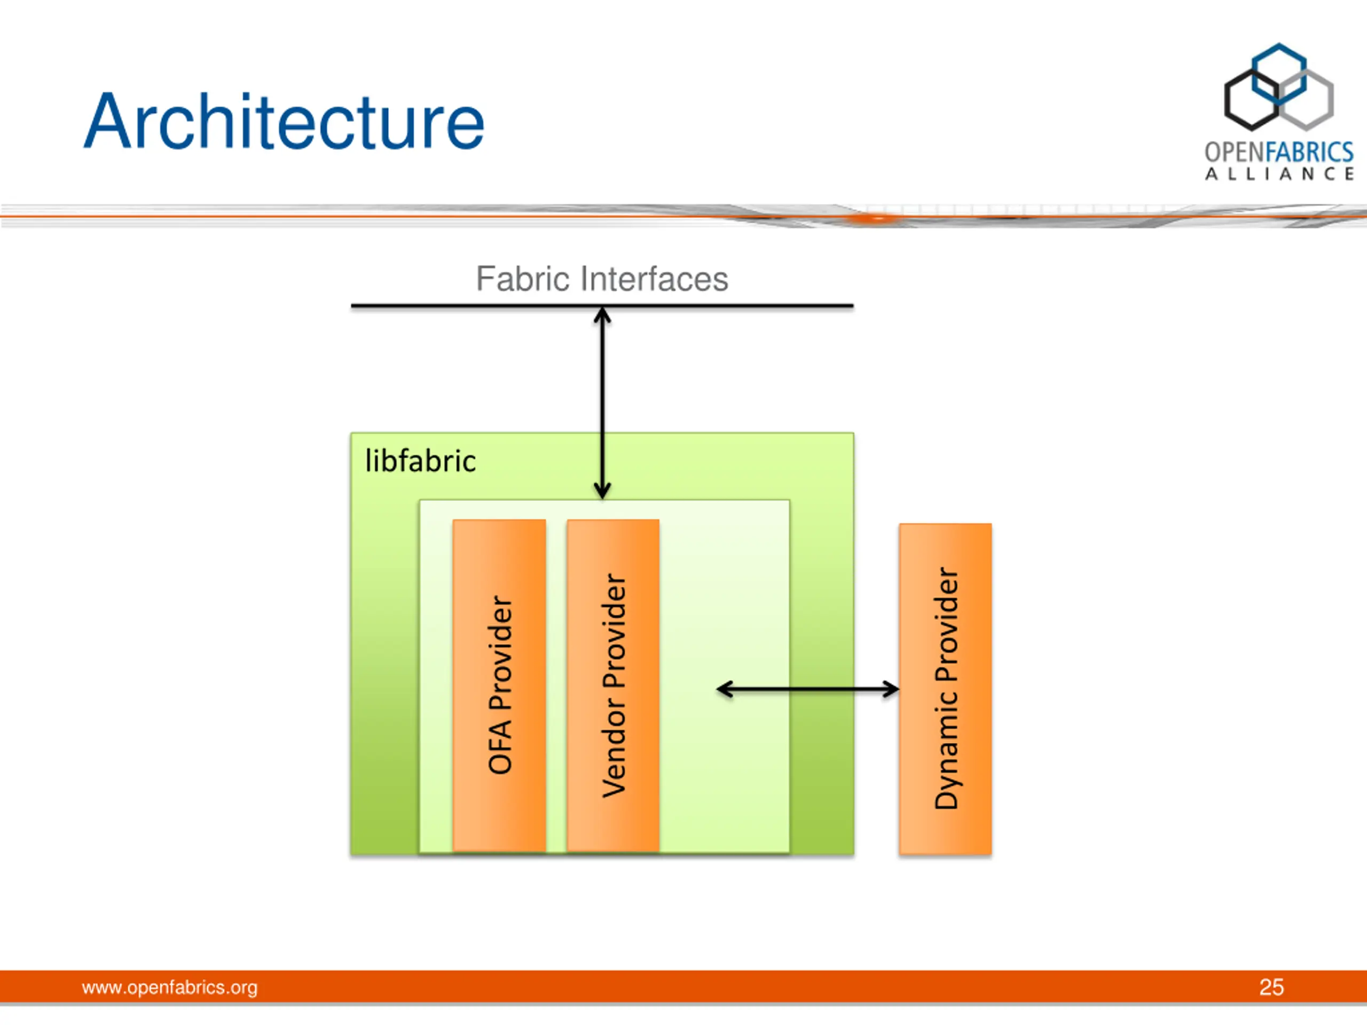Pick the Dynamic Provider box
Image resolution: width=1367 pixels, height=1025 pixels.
point(946,689)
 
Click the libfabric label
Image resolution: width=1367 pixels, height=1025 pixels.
point(421,461)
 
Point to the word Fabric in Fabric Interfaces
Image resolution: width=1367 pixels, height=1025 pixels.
point(522,279)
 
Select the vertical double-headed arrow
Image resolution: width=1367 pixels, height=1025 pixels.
point(602,404)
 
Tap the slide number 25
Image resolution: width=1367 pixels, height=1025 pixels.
point(1272,987)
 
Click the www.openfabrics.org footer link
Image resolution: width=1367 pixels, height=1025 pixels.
point(170,987)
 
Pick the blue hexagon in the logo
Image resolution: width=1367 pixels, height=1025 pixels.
point(1279,74)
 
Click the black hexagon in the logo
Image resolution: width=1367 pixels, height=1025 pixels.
point(1252,99)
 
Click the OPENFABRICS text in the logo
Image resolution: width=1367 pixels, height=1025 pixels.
point(1279,152)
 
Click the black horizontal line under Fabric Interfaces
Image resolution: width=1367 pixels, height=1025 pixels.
point(602,306)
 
